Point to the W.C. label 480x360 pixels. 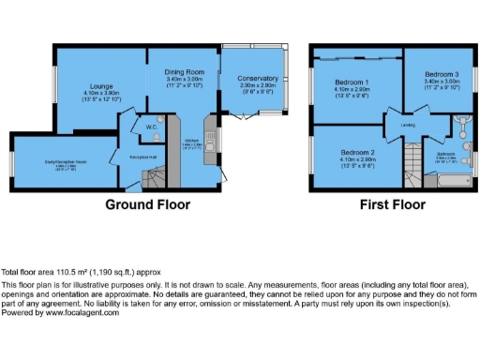pos(151,125)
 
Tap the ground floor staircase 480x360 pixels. pos(165,174)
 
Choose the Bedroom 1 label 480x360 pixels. pos(352,82)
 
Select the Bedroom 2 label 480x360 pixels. pos(357,151)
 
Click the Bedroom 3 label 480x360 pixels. pos(441,73)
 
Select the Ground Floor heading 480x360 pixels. pos(147,204)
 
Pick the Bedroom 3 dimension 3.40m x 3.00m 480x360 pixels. pos(441,82)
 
